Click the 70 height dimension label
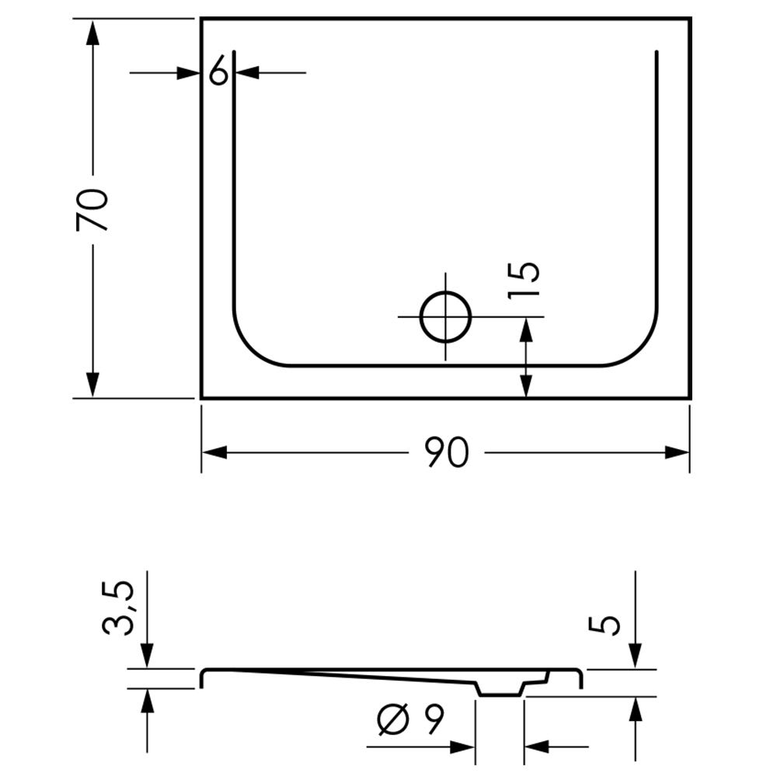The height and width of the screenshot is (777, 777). (92, 210)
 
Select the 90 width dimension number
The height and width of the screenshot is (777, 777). (447, 452)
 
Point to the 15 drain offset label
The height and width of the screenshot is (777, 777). (524, 280)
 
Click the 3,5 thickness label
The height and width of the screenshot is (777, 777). (118, 608)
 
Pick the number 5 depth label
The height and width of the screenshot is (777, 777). (604, 625)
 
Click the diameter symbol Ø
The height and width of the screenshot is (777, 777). (394, 719)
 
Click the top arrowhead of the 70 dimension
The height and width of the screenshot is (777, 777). (92, 32)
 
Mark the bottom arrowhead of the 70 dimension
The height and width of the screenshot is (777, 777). (92, 385)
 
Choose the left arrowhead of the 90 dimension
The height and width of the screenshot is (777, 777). (214, 452)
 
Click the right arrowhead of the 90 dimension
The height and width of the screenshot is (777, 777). (677, 452)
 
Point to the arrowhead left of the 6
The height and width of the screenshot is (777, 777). (189, 73)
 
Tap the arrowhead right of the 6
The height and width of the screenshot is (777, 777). (247, 72)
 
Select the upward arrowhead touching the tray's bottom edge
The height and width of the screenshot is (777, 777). (526, 385)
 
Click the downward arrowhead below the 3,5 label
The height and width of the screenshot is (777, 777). (147, 655)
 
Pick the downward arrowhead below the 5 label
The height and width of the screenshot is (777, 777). (636, 656)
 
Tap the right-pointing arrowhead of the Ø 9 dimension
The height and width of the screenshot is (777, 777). (462, 747)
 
